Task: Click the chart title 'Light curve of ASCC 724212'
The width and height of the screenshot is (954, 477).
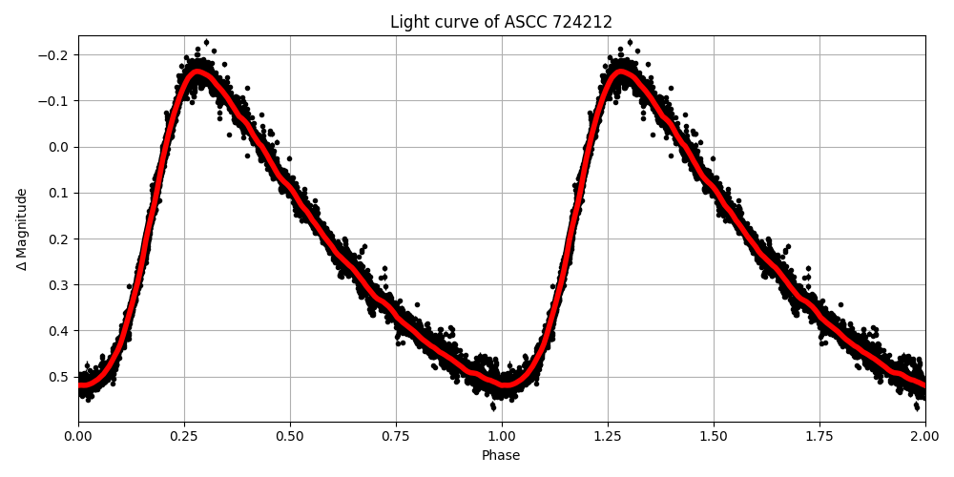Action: (x=501, y=22)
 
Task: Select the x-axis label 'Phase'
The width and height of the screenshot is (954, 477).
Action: (x=501, y=456)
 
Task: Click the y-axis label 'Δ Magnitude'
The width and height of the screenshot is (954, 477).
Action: (x=22, y=229)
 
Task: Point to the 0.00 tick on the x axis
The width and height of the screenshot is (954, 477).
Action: (x=78, y=436)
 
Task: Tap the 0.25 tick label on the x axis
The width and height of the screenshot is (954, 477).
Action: (x=184, y=436)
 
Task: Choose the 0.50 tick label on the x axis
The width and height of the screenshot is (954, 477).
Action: (x=290, y=436)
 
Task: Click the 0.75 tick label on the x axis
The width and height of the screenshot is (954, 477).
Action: (x=396, y=436)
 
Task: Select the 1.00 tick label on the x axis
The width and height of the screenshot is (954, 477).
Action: (x=502, y=436)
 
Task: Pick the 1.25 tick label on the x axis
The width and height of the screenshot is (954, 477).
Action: (x=608, y=436)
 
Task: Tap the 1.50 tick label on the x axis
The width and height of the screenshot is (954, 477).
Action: (x=714, y=436)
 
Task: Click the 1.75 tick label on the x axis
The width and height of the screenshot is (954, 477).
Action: (x=819, y=436)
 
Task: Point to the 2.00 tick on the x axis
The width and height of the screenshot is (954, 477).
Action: (x=924, y=436)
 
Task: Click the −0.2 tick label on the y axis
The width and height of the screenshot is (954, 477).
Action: (x=54, y=55)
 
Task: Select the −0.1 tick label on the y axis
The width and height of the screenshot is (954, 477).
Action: (x=54, y=101)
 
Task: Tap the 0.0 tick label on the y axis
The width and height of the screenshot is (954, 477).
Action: (x=58, y=147)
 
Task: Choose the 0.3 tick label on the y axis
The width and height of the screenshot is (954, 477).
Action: (x=58, y=285)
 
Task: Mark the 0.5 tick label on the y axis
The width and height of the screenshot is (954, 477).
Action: (x=58, y=377)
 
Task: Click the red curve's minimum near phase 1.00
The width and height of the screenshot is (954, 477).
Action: (x=502, y=384)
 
